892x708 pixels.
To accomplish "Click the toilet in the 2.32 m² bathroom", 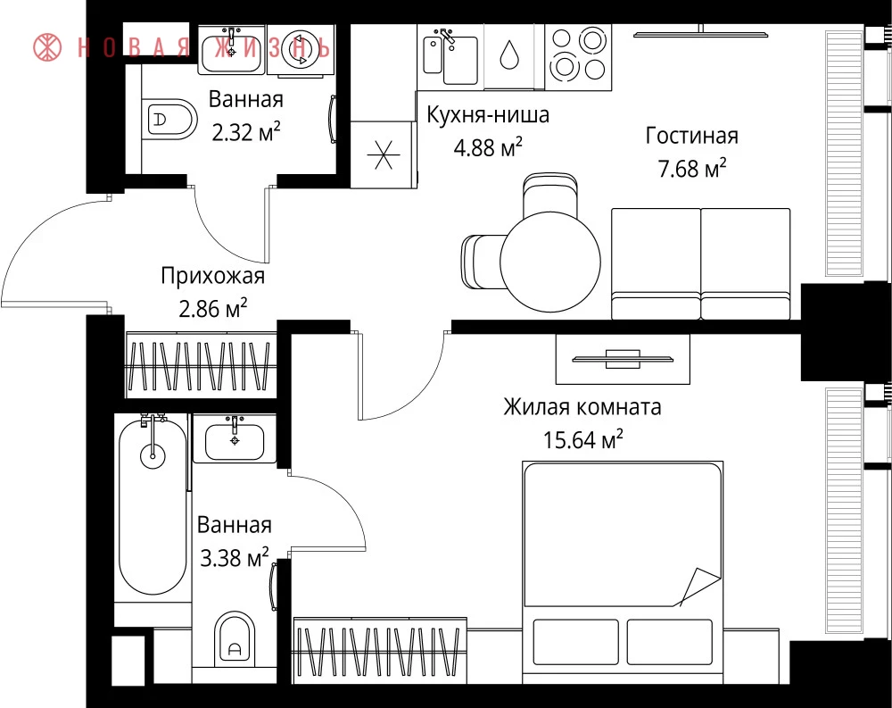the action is click(169, 120).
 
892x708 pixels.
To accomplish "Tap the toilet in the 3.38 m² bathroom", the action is click(235, 639).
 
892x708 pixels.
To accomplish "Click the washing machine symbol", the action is click(300, 51).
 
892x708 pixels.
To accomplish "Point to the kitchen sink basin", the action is click(460, 61).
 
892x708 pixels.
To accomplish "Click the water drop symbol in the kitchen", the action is click(508, 55).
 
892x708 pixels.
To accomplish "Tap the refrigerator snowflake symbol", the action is click(383, 154).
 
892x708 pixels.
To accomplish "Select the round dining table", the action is click(550, 262).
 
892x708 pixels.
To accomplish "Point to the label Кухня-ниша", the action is click(488, 114).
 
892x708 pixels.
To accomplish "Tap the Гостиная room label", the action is click(692, 136).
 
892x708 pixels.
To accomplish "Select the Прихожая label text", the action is click(213, 276).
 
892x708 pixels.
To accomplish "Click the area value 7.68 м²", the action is click(692, 168).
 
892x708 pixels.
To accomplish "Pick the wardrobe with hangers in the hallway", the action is click(201, 365).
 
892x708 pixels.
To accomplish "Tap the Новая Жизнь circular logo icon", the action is click(47, 47).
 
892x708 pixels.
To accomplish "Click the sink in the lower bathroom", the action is click(235, 439).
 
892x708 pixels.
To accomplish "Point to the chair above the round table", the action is click(550, 194).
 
